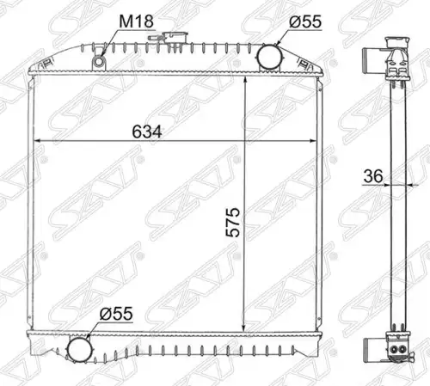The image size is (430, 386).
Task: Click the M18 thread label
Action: pyautogui.click(x=136, y=21)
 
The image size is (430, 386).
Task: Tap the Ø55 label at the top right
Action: pyautogui.click(x=305, y=21)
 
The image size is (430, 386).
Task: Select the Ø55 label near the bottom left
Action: pyautogui.click(x=116, y=314)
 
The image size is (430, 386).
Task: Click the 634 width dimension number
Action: pyautogui.click(x=147, y=132)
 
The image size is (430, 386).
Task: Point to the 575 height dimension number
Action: pyautogui.click(x=232, y=223)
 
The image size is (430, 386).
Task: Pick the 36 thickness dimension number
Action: pyautogui.click(x=373, y=176)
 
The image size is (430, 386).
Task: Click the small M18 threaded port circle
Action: pyautogui.click(x=99, y=62)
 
